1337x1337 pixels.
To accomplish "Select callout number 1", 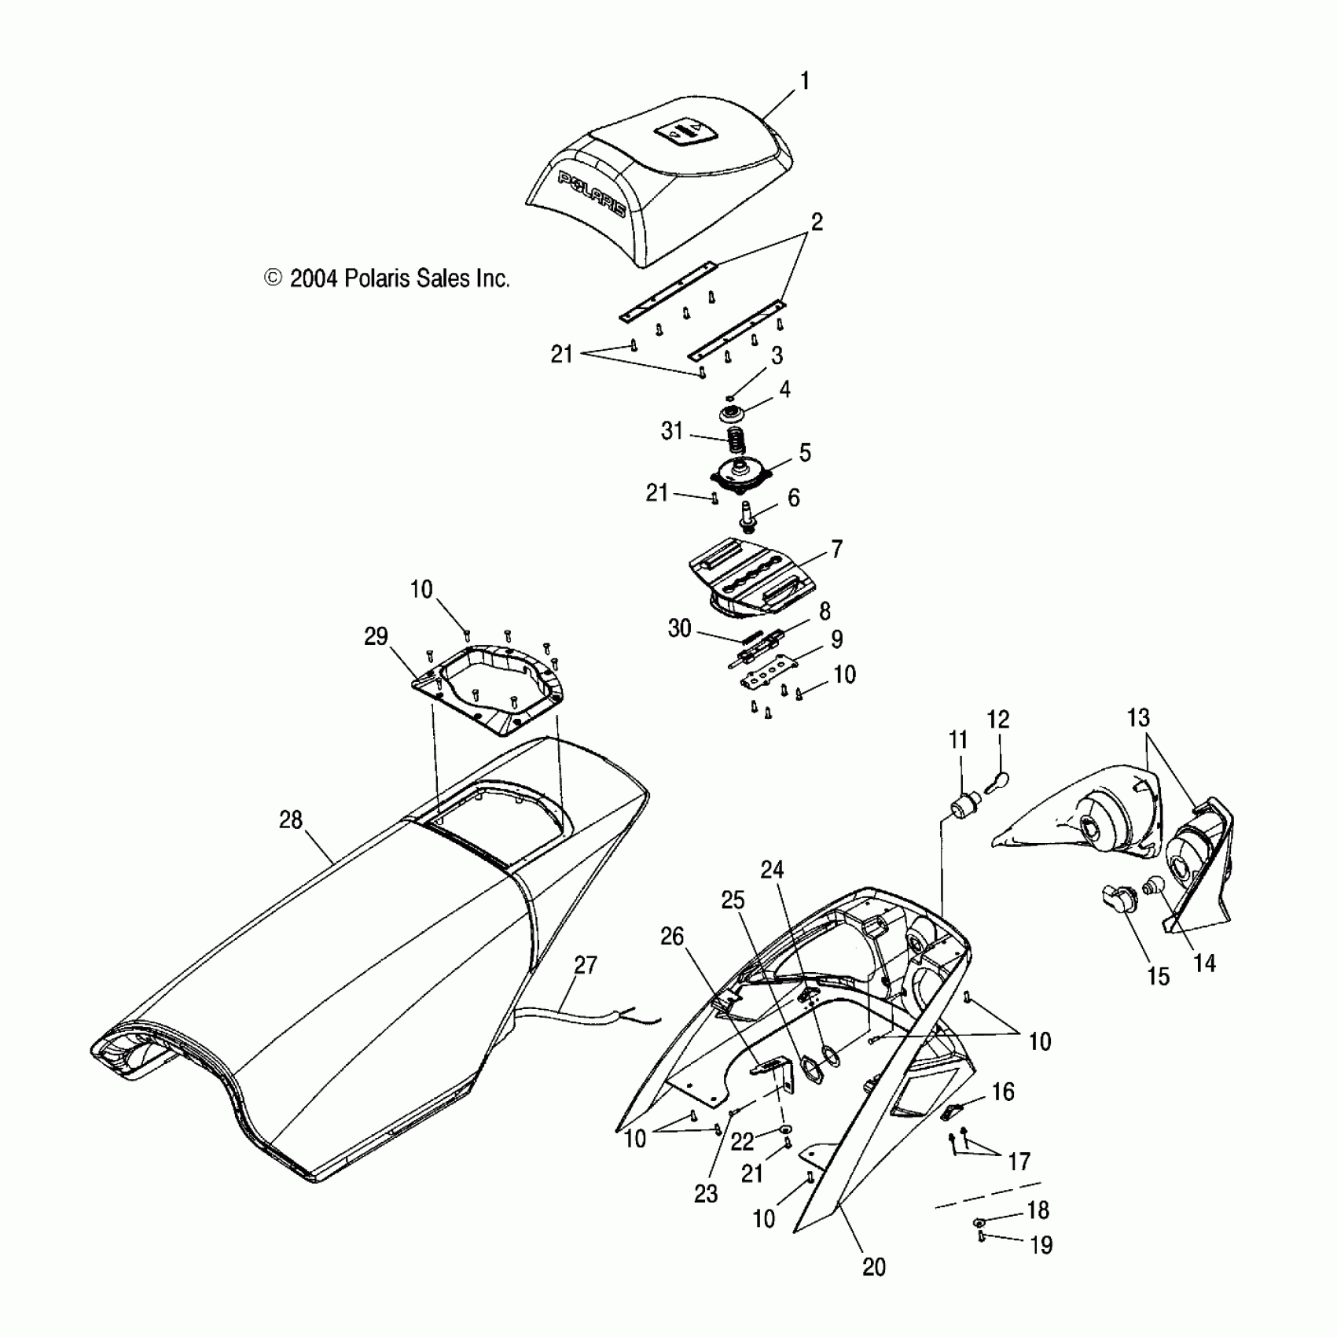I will tap(804, 81).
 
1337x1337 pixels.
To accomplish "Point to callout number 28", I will tap(291, 820).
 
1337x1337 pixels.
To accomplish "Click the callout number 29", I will tap(376, 636).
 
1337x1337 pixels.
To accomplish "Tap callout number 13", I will tap(1137, 718).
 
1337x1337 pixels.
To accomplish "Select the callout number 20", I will tap(873, 1267).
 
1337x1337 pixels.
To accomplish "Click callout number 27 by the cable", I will tap(586, 965).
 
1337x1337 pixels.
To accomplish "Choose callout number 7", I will tap(836, 549).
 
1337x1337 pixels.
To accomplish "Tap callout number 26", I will tap(672, 937).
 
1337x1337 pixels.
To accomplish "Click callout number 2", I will tap(817, 223).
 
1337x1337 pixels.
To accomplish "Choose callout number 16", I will tap(1003, 1092).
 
